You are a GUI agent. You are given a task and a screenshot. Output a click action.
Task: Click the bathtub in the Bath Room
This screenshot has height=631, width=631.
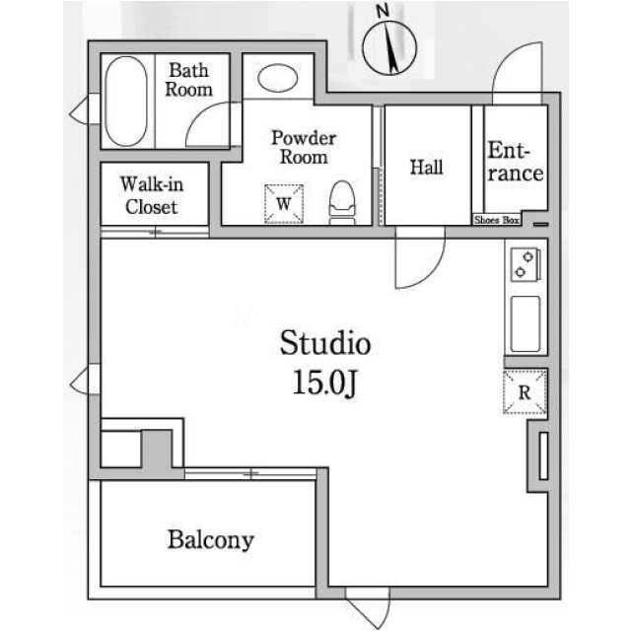tap(125, 101)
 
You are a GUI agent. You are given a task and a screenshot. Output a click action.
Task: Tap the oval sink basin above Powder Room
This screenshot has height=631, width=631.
tap(278, 78)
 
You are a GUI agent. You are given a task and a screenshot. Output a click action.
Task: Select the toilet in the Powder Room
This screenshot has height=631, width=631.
tap(342, 202)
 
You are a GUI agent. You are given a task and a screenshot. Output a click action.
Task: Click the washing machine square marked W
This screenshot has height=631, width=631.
tap(284, 204)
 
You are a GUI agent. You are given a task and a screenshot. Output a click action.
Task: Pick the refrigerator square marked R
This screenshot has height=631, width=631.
tap(525, 392)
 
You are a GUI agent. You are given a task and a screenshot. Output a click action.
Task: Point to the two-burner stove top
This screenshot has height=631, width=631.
tap(525, 264)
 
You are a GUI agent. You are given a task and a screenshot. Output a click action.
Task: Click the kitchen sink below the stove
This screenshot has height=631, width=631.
tap(526, 324)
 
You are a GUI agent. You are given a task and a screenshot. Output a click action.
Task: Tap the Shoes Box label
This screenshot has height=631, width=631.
tap(497, 220)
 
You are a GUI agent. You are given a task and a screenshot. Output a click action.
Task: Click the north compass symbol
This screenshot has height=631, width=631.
tap(389, 44)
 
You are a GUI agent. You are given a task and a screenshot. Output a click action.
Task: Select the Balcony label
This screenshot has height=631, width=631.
tap(210, 539)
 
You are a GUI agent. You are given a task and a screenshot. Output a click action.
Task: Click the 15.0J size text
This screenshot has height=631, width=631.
tap(324, 383)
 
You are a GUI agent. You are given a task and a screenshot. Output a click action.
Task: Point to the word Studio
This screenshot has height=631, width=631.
tap(324, 343)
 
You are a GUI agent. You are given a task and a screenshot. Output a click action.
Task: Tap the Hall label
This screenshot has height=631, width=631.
tap(427, 167)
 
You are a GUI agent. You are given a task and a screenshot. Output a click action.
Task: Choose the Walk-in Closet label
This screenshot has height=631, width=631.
tap(152, 195)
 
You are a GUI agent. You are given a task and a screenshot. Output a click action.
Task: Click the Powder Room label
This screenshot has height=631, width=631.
tap(304, 147)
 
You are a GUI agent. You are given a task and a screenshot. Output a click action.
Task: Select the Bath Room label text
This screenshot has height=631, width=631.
tap(188, 80)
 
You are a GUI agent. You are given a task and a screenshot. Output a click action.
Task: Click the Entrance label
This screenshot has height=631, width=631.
tap(515, 162)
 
